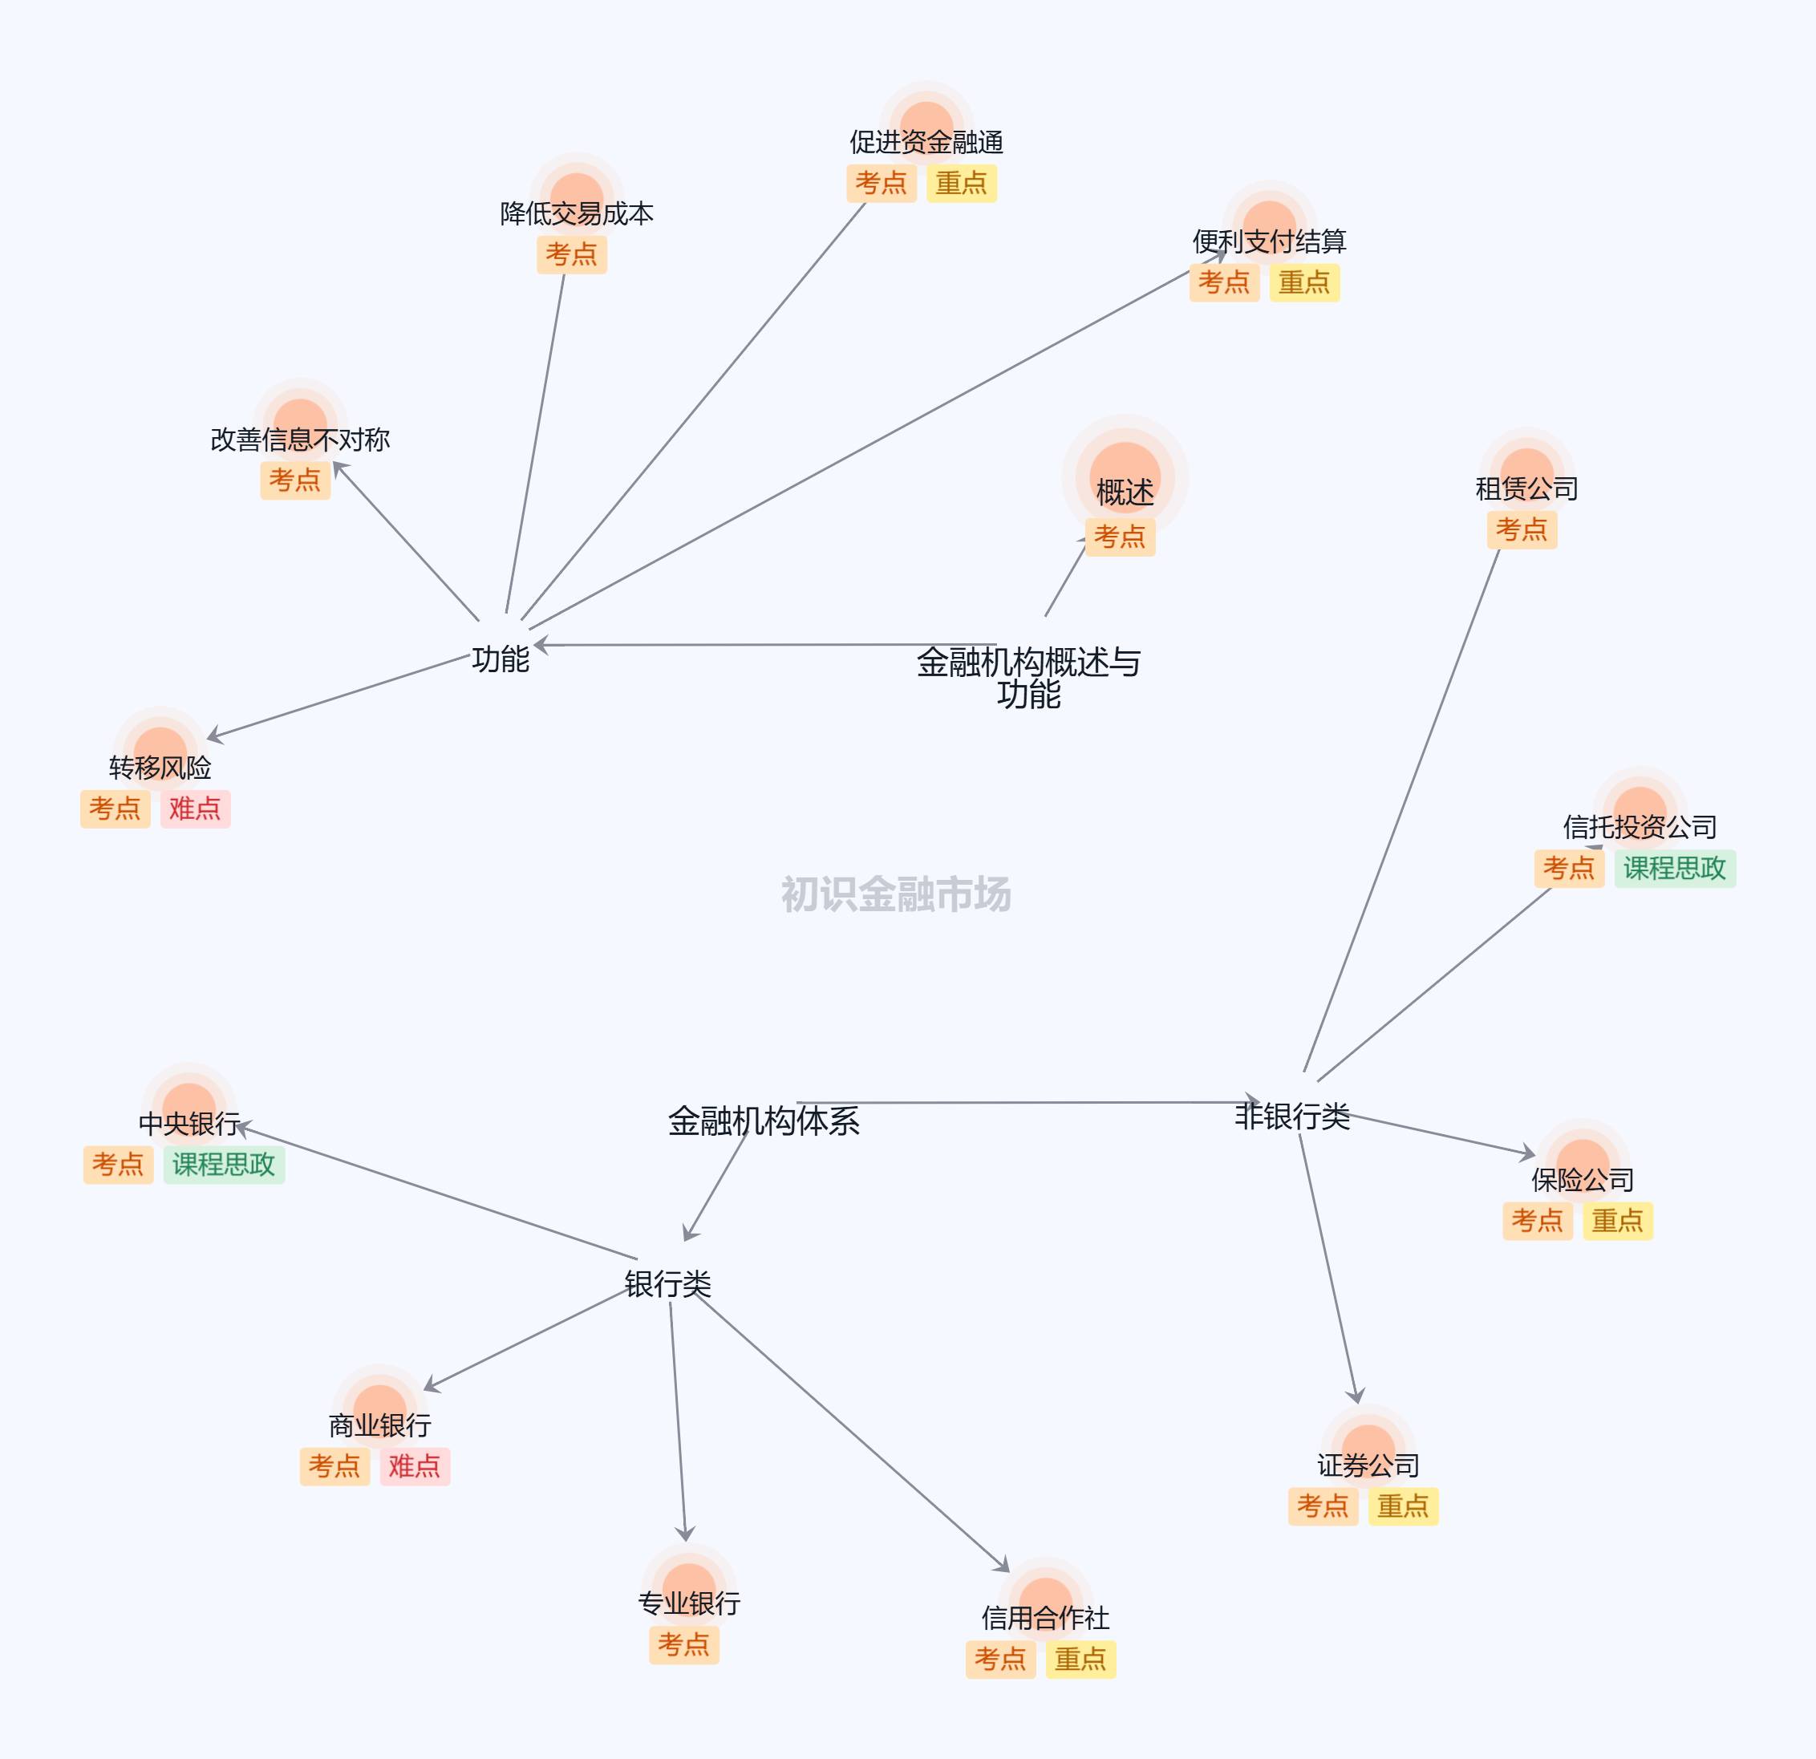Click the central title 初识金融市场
(895, 894)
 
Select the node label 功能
(501, 659)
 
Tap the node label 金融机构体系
(764, 1121)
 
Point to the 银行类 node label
(667, 1284)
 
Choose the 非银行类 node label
(1291, 1117)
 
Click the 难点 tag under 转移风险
(195, 809)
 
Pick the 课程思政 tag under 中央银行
(223, 1165)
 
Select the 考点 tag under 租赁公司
(1522, 530)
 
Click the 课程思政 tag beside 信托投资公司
(1674, 869)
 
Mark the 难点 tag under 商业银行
(414, 1466)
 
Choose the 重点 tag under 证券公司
(1403, 1506)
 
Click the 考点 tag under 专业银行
(683, 1645)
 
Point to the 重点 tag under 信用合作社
(1080, 1659)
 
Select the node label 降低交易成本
(576, 214)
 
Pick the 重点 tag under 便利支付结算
(1303, 282)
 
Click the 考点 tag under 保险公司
(1537, 1221)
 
